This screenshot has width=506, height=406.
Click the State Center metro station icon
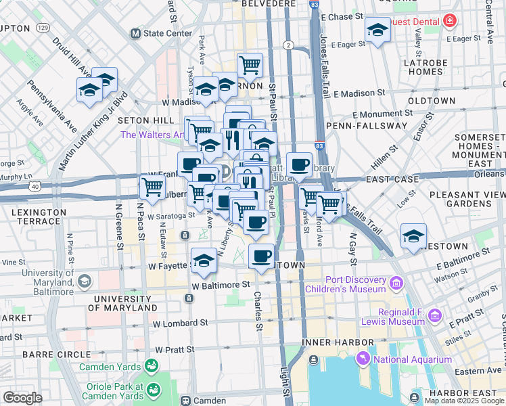[135, 32]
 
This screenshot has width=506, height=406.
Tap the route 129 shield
[43, 28]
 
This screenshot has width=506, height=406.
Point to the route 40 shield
[34, 185]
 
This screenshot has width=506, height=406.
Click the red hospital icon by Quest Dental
[449, 22]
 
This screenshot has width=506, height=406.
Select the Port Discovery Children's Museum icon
[396, 281]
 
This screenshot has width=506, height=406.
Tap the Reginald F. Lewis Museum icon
[435, 315]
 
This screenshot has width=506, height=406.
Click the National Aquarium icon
[366, 359]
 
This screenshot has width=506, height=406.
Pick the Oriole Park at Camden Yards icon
[154, 390]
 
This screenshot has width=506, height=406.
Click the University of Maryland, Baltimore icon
[85, 280]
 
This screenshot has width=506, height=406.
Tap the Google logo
[23, 397]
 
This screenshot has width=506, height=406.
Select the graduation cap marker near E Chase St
[378, 29]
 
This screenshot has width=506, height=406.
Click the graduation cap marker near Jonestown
[413, 236]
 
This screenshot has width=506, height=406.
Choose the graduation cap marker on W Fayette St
[204, 261]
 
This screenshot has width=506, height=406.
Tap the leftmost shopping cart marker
[153, 186]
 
